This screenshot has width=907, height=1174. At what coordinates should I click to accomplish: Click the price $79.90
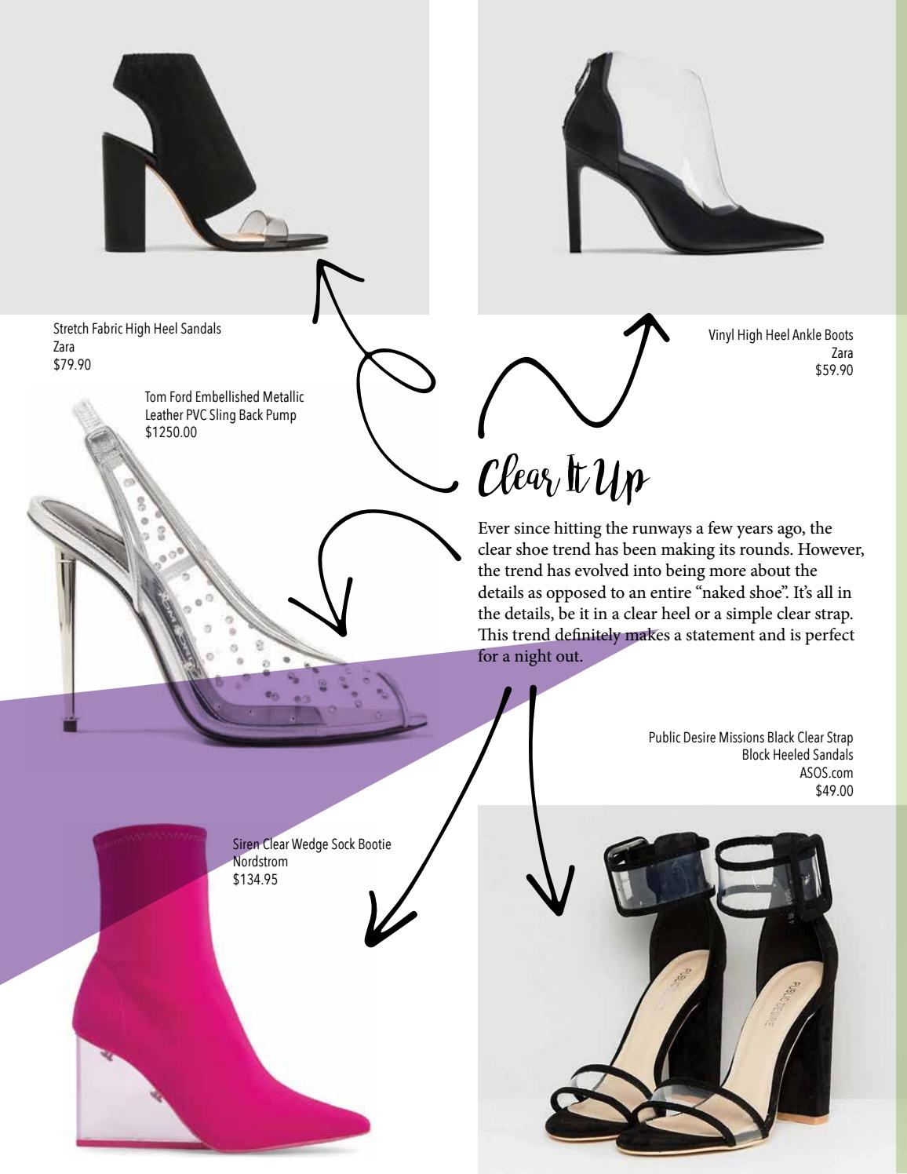tap(72, 364)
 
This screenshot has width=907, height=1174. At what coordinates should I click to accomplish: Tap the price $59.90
tap(834, 370)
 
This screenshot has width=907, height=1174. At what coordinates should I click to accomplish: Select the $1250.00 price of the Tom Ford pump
tap(171, 432)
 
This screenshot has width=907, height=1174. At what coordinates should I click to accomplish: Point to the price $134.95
tap(255, 880)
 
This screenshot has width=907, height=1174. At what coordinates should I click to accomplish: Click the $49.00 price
tap(834, 791)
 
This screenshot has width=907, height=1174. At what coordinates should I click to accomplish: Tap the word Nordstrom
tap(260, 862)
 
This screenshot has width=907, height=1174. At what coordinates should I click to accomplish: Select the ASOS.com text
tap(826, 773)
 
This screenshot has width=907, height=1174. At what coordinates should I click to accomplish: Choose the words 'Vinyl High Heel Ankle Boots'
tap(780, 336)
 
